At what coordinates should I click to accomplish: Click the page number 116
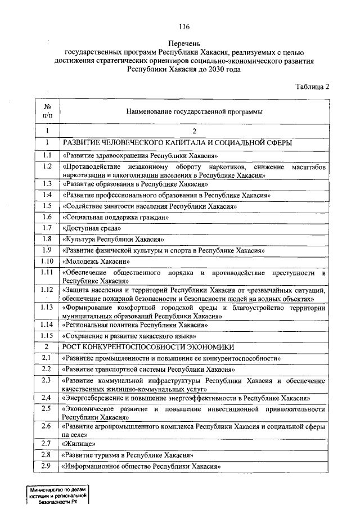coord(184,27)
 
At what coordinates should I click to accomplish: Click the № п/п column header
coord(48,111)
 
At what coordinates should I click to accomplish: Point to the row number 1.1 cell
coord(48,155)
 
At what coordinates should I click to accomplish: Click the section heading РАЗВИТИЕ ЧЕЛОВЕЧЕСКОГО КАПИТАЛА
coord(177,143)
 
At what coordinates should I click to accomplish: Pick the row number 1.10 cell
coord(48,261)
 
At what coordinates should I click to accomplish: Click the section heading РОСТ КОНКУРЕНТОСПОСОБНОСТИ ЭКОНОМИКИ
coord(148,346)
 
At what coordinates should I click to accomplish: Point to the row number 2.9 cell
coord(48,466)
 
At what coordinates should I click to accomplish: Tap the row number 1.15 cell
coord(48,336)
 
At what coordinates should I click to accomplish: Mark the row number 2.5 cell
coord(48,408)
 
